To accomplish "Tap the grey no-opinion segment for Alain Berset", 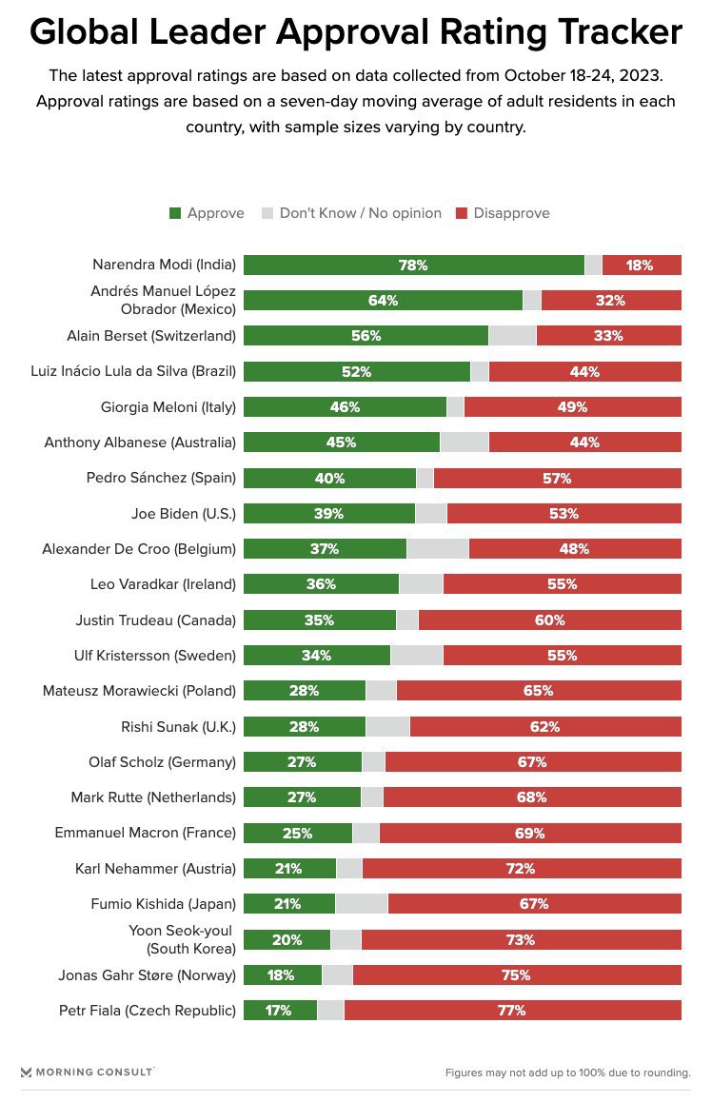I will pos(512,336).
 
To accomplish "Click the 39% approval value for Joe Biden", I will pos(329,514).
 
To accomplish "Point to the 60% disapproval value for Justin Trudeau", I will pos(549,620).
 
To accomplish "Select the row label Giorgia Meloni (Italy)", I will pos(168,407).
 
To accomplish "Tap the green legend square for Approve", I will pos(175,213).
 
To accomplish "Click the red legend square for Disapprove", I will pos(462,213).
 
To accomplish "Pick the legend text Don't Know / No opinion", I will pos(360,213).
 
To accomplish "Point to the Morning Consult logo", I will pos(87,1072).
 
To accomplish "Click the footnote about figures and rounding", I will pos(567,1072).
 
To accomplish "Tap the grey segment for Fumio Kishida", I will pos(361,904).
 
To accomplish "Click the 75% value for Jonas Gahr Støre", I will pos(516,974).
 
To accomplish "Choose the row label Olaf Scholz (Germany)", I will pos(153,762).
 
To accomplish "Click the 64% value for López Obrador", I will pos(383,301).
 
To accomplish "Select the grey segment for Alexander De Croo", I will pos(437,549).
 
